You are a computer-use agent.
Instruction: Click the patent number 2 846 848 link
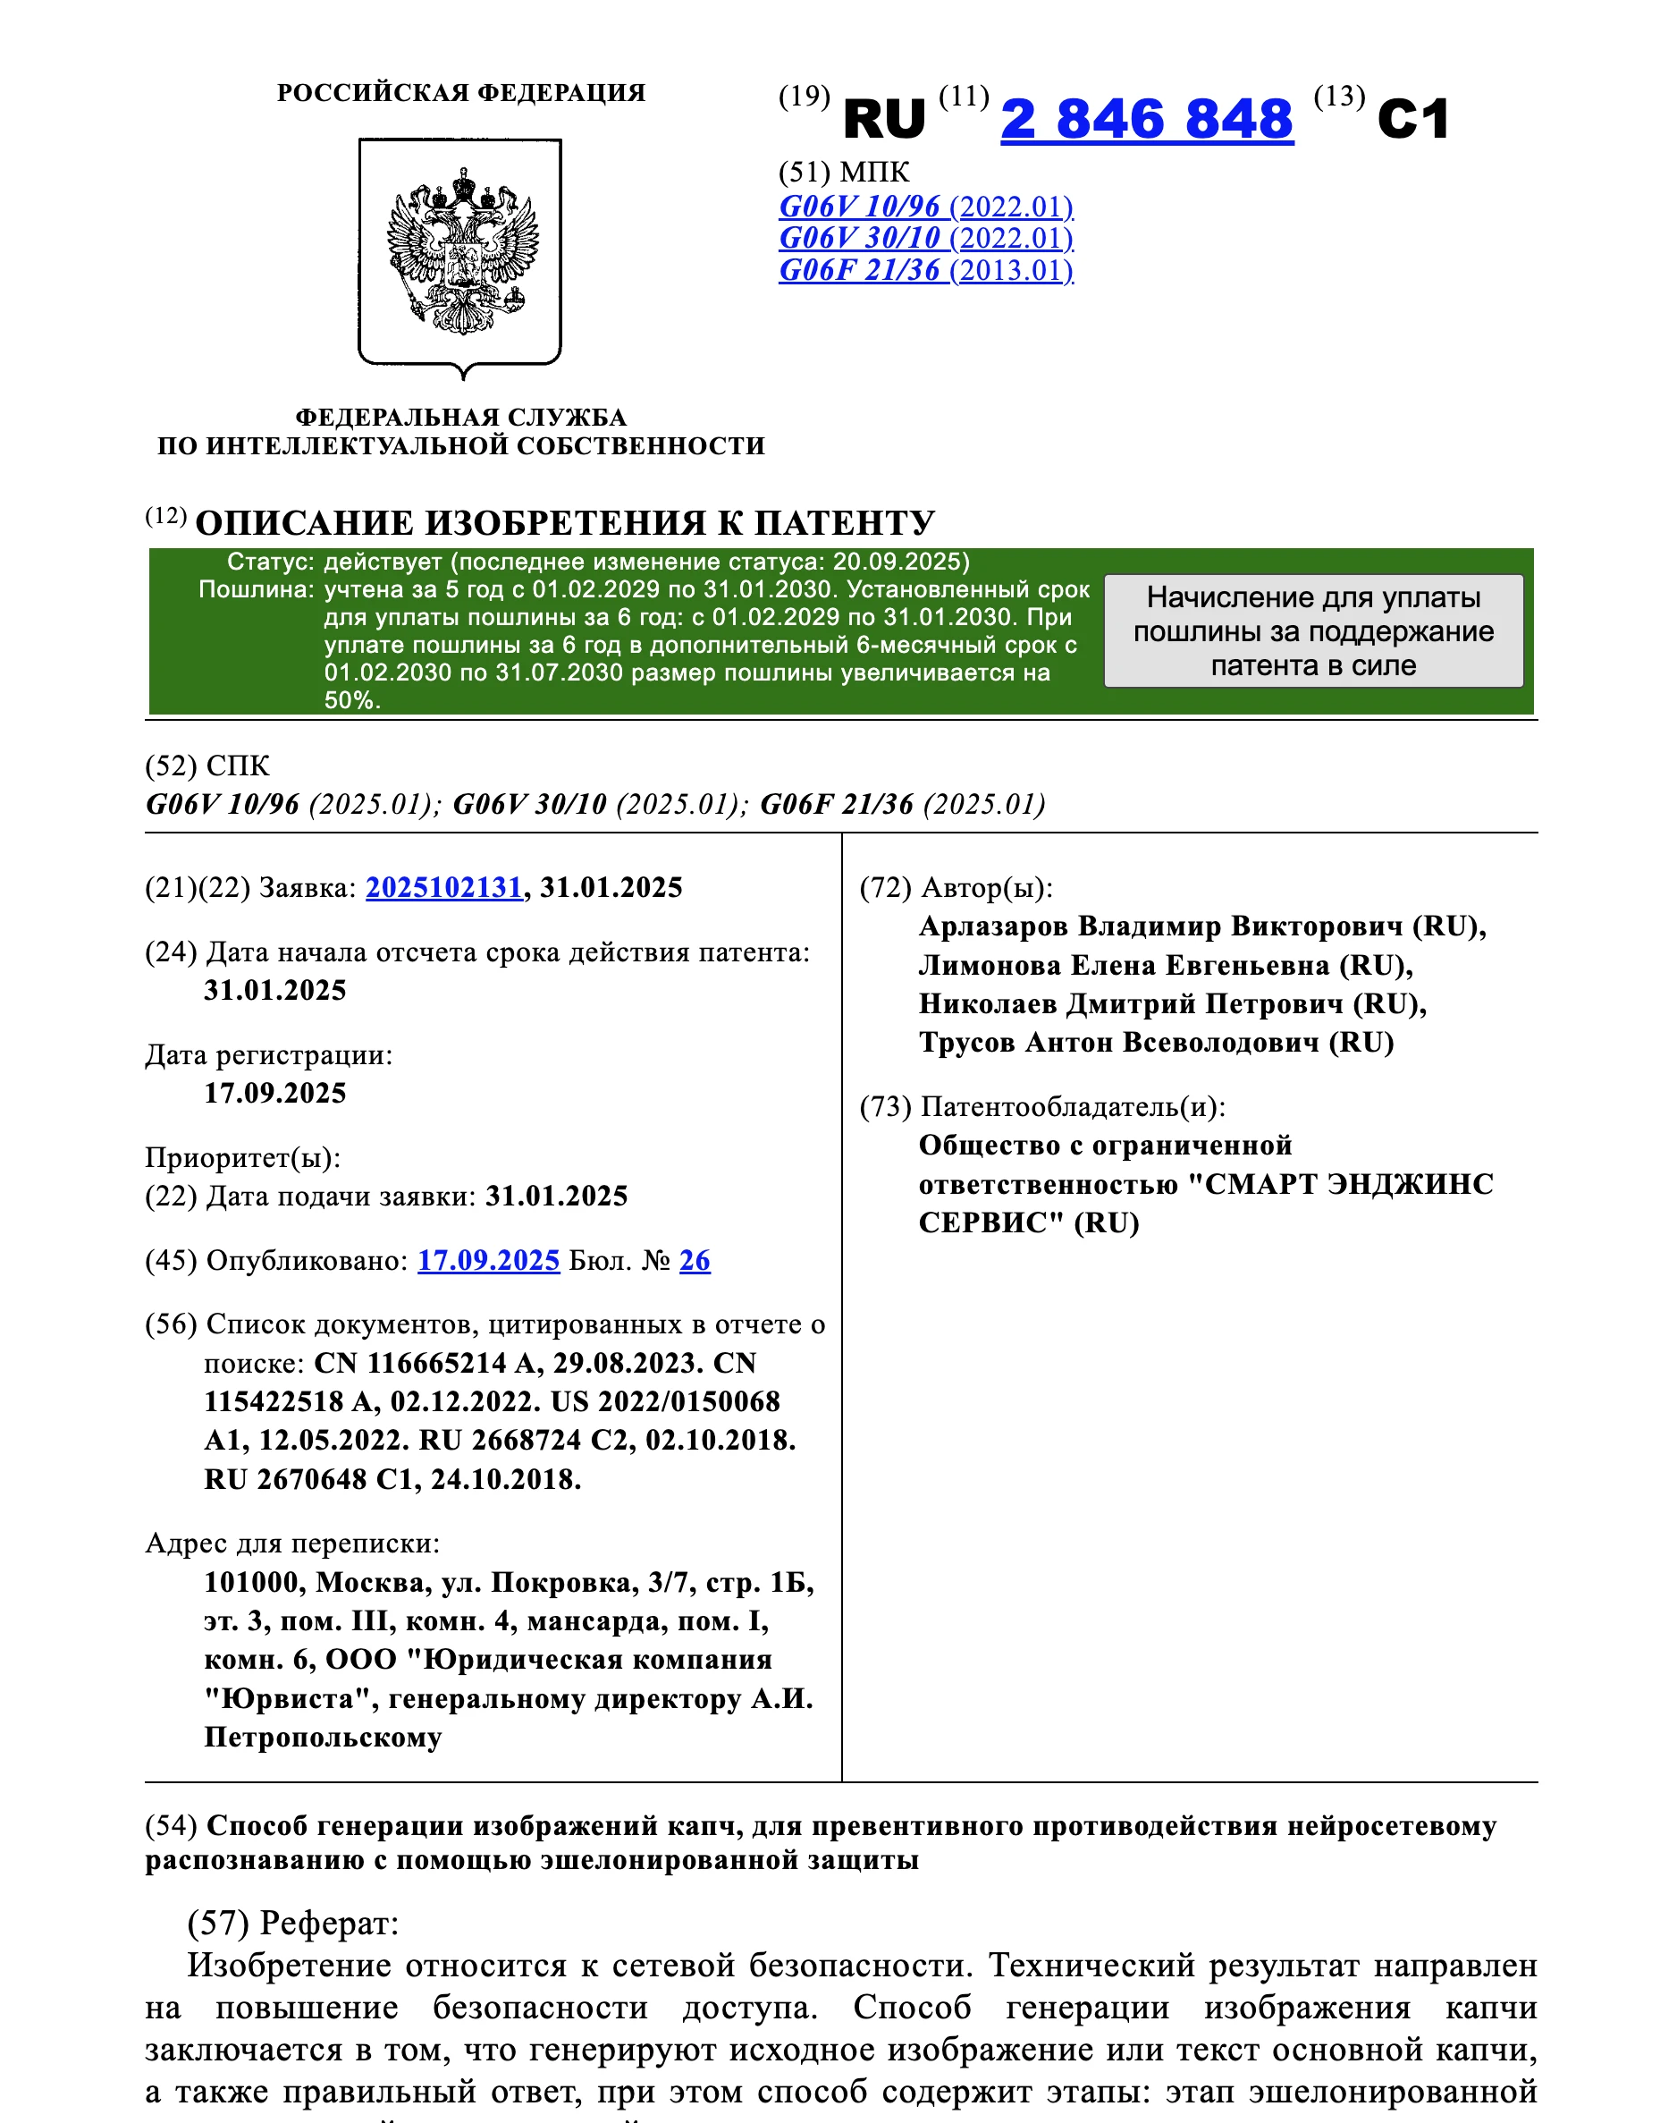[1146, 120]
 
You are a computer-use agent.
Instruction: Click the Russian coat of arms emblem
[460, 253]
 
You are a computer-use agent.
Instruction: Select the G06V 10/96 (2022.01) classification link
[925, 207]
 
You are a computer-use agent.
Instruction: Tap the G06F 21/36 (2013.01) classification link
[925, 270]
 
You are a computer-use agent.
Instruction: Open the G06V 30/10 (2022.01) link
[925, 239]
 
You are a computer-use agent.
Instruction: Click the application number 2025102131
[443, 888]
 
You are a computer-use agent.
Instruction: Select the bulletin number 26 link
[695, 1261]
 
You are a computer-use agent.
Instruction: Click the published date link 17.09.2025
[488, 1261]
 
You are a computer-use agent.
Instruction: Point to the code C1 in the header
[1413, 120]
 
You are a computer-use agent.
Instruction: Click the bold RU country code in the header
[884, 120]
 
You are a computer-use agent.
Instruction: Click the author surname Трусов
[966, 1043]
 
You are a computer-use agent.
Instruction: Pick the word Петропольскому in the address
[323, 1738]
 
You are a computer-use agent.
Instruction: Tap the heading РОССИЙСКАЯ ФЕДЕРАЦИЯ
[460, 93]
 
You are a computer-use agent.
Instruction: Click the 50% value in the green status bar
[352, 700]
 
